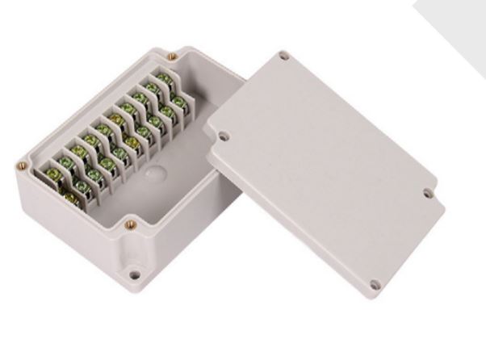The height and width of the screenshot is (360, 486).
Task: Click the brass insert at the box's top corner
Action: pyautogui.click(x=172, y=57)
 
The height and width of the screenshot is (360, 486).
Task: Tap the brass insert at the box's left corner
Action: pyautogui.click(x=22, y=166)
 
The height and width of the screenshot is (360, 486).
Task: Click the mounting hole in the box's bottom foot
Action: pyautogui.click(x=135, y=275)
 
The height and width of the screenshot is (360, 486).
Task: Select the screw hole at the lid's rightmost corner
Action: pyautogui.click(x=428, y=193)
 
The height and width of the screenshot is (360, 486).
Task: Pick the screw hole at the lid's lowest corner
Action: pyautogui.click(x=374, y=284)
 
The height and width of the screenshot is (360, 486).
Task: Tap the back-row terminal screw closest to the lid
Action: pyautogui.click(x=165, y=79)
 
